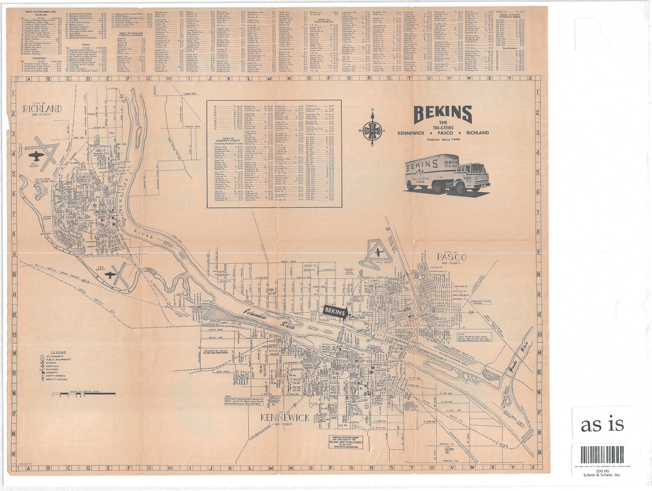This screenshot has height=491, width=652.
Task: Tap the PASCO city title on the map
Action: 445,258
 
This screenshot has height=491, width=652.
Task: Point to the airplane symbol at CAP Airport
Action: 112,274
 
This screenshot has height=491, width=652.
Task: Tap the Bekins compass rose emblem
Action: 373,130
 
